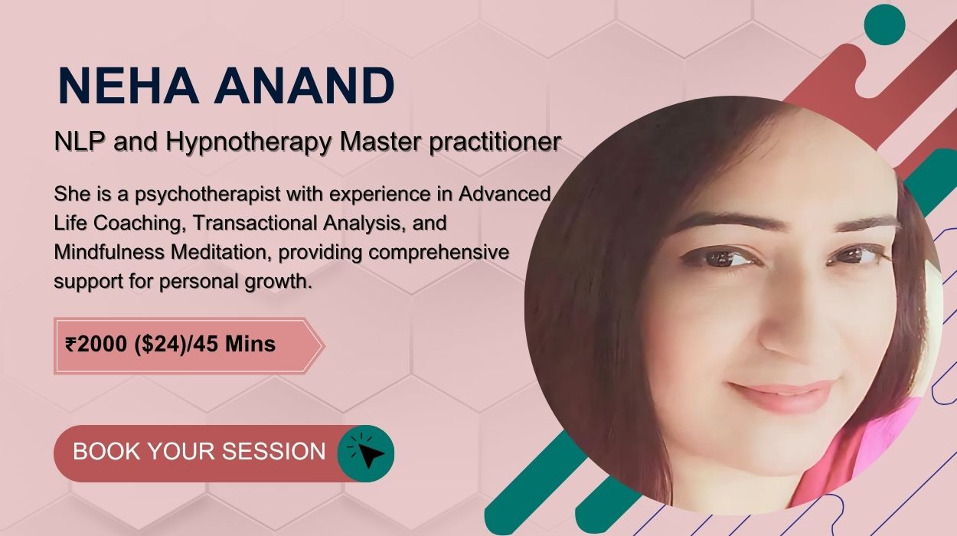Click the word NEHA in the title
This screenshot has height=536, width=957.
[128, 85]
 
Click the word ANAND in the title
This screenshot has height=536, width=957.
[304, 85]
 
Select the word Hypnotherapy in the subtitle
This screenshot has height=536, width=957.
[249, 142]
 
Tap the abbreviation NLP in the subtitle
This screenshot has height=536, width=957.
[80, 141]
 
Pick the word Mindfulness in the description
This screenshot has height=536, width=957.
[109, 252]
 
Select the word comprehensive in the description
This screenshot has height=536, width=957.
[439, 253]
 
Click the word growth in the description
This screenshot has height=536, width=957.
[279, 282]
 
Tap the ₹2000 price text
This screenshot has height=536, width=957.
[96, 344]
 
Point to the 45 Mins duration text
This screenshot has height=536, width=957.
[234, 344]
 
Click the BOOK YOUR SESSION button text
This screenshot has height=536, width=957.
[199, 451]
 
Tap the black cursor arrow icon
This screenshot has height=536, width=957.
[369, 455]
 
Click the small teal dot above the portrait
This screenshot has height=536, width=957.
[884, 25]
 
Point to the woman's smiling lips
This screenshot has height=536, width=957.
[782, 394]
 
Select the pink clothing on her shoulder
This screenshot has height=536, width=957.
[859, 453]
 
